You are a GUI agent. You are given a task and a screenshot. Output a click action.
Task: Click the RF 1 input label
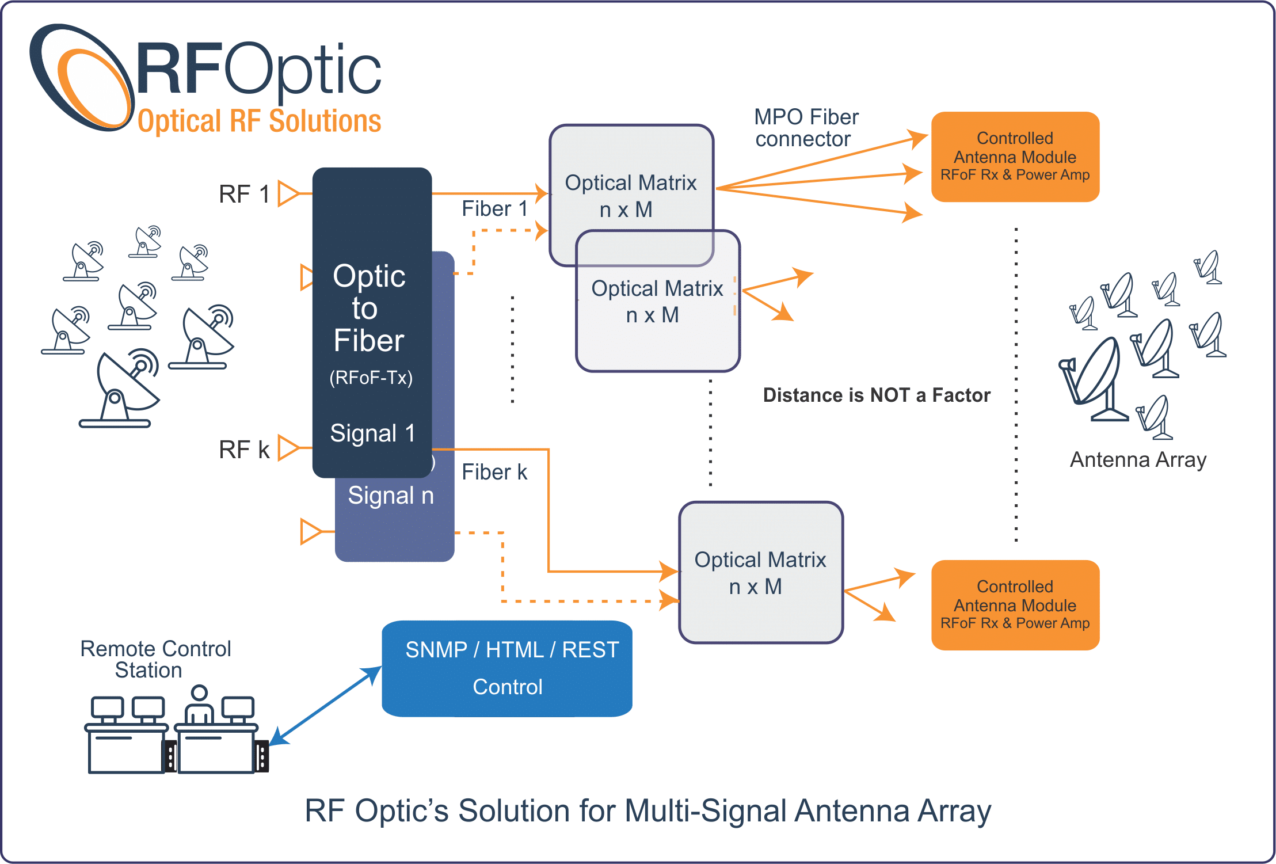(244, 194)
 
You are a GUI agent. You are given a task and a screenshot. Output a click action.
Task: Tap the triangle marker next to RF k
(287, 448)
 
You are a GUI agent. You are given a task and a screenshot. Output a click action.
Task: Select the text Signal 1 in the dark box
(372, 433)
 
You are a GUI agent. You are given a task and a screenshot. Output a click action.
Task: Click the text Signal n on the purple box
(390, 496)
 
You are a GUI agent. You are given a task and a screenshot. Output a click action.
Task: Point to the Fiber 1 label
(494, 208)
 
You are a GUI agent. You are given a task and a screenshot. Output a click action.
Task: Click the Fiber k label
(494, 472)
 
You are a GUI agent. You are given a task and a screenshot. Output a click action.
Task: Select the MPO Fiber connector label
(805, 128)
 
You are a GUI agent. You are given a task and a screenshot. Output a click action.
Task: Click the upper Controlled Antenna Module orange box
(1015, 157)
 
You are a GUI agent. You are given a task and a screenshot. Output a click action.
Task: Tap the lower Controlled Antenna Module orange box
(1015, 605)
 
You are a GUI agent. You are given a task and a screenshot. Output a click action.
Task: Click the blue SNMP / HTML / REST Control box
(507, 668)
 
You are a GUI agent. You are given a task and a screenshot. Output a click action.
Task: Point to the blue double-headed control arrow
(325, 706)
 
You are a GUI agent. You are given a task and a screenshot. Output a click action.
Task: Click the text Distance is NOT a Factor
(876, 395)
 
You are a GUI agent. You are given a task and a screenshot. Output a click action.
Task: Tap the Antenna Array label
(1137, 460)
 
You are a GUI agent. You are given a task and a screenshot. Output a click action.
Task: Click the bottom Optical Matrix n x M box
(760, 573)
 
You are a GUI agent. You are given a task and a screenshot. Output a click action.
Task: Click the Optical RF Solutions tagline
(259, 121)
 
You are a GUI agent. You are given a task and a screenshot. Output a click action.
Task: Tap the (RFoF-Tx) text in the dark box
(371, 378)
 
